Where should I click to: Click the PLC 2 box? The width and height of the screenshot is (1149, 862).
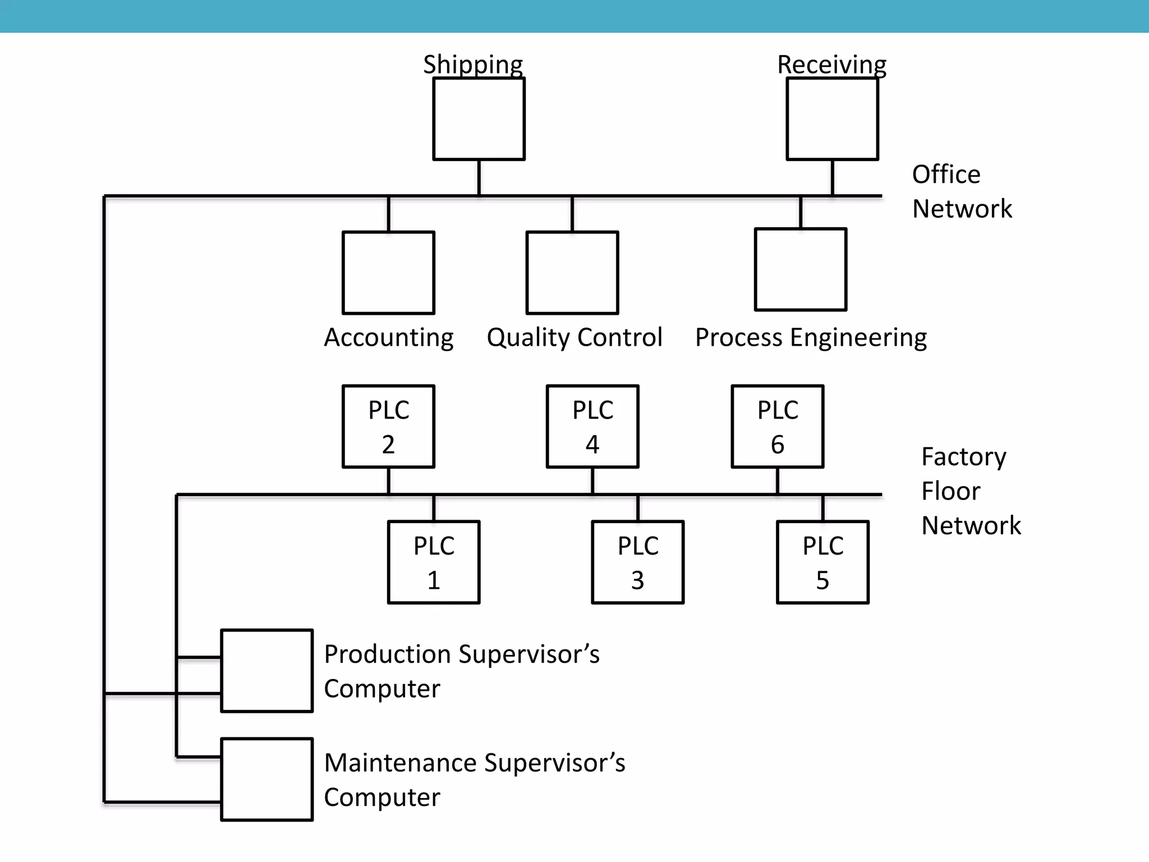[x=388, y=427]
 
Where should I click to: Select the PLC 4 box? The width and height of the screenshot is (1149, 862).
[x=592, y=427]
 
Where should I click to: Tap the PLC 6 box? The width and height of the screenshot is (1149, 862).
[x=778, y=427]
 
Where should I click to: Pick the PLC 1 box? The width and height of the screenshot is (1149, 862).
[x=434, y=562]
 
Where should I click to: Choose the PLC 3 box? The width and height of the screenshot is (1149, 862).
[x=638, y=562]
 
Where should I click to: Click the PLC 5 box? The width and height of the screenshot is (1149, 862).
[x=822, y=562]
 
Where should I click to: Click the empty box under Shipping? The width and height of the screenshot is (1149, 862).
[x=479, y=119]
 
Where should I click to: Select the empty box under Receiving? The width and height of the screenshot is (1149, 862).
[x=832, y=119]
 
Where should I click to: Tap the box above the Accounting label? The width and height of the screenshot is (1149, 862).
[x=388, y=273]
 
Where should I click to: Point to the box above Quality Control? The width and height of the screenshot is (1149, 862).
[x=572, y=273]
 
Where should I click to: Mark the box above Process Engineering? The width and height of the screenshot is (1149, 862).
[x=801, y=269]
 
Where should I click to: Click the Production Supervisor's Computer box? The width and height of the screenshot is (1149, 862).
[x=266, y=671]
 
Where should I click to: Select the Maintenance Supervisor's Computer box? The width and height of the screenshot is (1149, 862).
[x=266, y=780]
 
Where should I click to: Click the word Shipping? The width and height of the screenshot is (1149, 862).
[x=473, y=65]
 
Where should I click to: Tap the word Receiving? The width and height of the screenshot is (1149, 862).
[x=831, y=65]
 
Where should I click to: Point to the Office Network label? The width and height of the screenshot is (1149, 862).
[x=961, y=191]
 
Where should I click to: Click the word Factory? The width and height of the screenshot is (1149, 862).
[x=963, y=457]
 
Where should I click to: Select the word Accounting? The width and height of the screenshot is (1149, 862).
[x=388, y=337]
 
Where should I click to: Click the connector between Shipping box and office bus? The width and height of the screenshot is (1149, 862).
[x=479, y=177]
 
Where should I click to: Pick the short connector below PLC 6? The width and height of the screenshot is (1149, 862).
[x=778, y=480]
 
